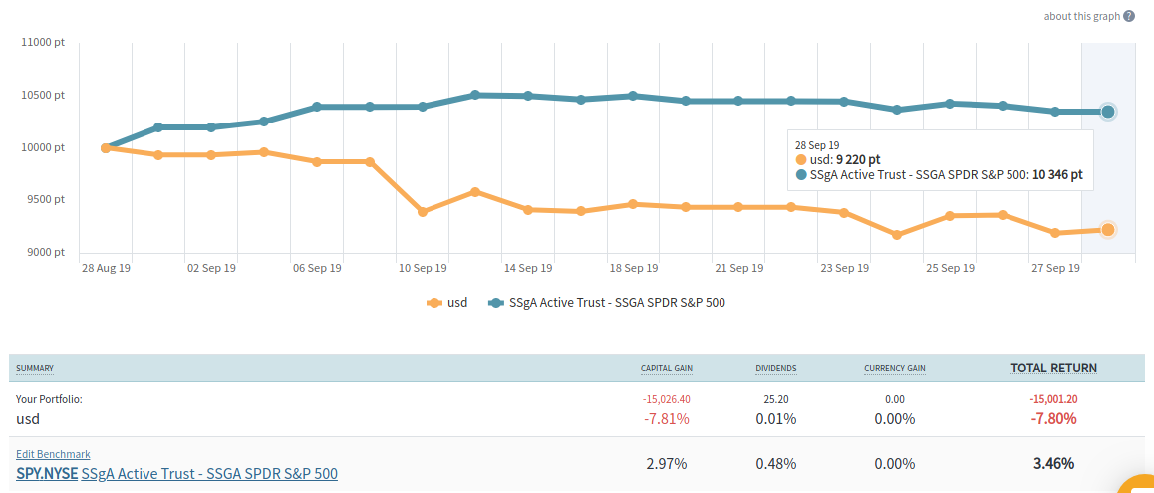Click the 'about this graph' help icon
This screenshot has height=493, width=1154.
pyautogui.click(x=1129, y=16)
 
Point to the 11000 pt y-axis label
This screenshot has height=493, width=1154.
pyautogui.click(x=43, y=43)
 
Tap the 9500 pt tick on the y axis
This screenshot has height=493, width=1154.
pyautogui.click(x=45, y=199)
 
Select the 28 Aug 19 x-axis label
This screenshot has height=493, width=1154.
pyautogui.click(x=106, y=268)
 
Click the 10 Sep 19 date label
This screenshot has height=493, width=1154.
pyautogui.click(x=422, y=268)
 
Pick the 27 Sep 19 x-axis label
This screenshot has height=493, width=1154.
pyautogui.click(x=1054, y=268)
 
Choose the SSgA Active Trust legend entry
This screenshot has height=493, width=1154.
pyautogui.click(x=607, y=302)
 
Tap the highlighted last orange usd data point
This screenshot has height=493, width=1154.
pyautogui.click(x=1107, y=230)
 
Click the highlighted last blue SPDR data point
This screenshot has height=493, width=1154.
pyautogui.click(x=1107, y=112)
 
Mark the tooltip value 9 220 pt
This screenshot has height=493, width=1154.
pyautogui.click(x=858, y=159)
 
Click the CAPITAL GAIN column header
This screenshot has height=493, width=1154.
pyautogui.click(x=666, y=369)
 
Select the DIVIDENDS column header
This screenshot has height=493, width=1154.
pyautogui.click(x=775, y=369)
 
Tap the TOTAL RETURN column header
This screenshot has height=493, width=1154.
pyautogui.click(x=1053, y=368)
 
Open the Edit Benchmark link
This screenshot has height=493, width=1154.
pyautogui.click(x=53, y=454)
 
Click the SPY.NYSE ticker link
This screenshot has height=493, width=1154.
pyautogui.click(x=46, y=474)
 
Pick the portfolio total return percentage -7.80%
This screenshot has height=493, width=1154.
pyautogui.click(x=1052, y=419)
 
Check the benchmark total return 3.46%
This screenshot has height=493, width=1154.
pyautogui.click(x=1052, y=464)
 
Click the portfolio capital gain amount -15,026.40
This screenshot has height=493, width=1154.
pyautogui.click(x=667, y=399)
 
